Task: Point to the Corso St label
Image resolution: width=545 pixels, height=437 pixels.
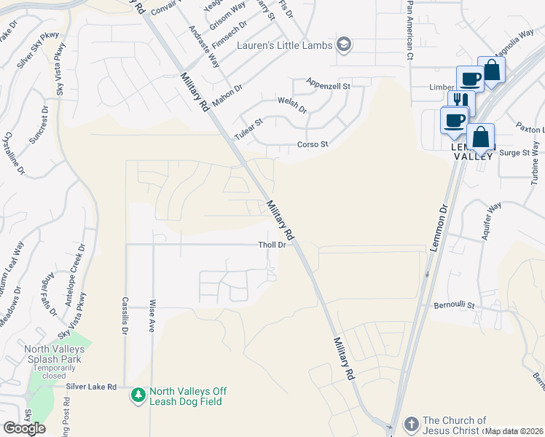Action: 313,144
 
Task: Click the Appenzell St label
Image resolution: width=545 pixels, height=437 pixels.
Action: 329,85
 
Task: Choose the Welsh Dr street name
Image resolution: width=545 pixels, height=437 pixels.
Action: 292,106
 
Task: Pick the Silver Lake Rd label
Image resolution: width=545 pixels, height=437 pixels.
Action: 91,387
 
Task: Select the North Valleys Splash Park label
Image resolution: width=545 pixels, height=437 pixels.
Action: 55,354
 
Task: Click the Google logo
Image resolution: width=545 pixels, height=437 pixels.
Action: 24,428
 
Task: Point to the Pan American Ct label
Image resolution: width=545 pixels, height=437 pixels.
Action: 410,30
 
